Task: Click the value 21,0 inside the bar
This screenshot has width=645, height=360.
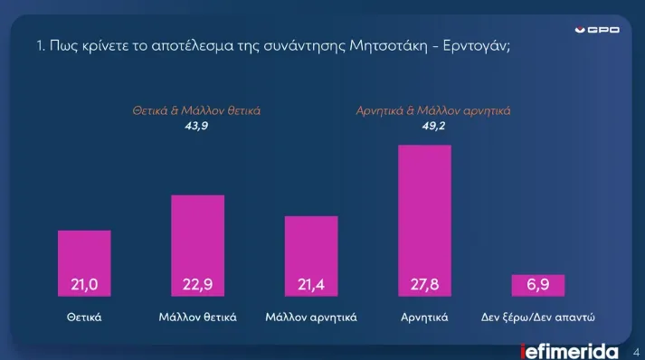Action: pyautogui.click(x=84, y=286)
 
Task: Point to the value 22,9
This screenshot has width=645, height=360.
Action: pyautogui.click(x=197, y=286)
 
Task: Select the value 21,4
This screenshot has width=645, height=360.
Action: pyautogui.click(x=311, y=286)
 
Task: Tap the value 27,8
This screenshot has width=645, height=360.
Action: pyautogui.click(x=424, y=286)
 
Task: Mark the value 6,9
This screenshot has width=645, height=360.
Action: pyautogui.click(x=537, y=286)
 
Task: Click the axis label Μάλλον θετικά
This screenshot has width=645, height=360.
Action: pyautogui.click(x=197, y=317)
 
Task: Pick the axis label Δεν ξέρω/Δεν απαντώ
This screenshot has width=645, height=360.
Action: pyautogui.click(x=537, y=317)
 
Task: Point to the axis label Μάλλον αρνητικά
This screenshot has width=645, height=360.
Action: pyautogui.click(x=311, y=317)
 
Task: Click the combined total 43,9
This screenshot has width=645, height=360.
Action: pyautogui.click(x=197, y=126)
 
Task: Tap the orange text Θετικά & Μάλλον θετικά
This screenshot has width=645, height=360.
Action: pyautogui.click(x=197, y=111)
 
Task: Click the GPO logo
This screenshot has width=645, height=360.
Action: pyautogui.click(x=598, y=30)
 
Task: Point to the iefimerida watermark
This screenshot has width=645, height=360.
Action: pyautogui.click(x=569, y=351)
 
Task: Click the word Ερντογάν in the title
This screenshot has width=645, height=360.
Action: pyautogui.click(x=477, y=46)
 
